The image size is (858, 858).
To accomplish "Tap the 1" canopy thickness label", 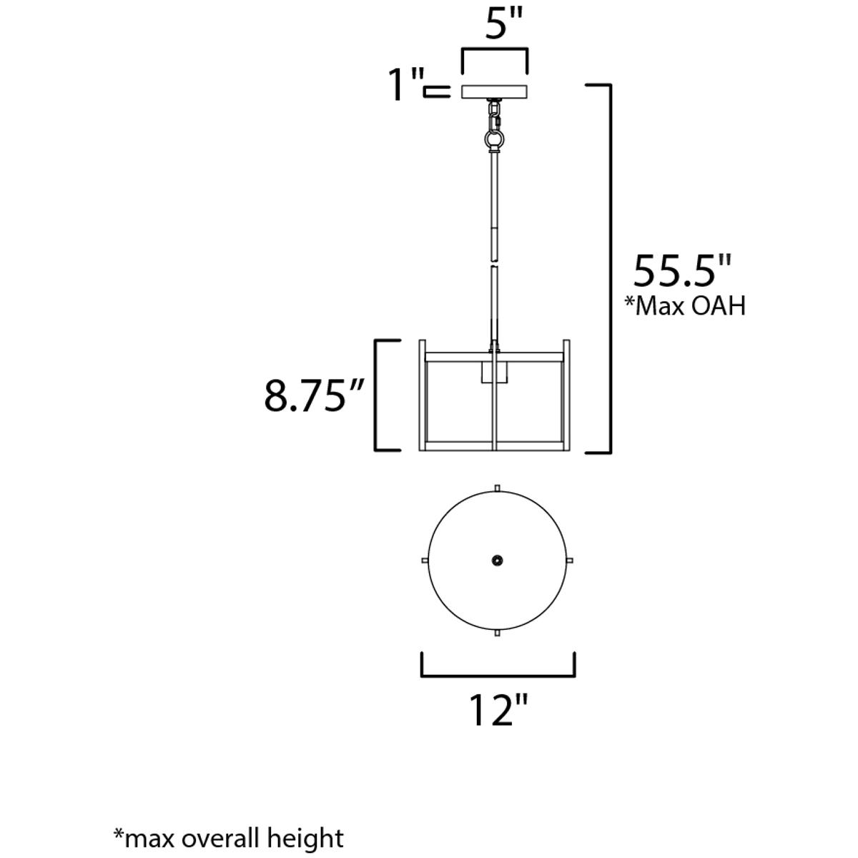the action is click(406, 84).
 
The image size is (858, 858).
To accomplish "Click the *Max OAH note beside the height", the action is click(685, 306).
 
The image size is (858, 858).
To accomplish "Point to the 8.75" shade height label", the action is click(315, 395).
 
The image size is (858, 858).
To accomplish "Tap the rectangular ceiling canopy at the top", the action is click(494, 92).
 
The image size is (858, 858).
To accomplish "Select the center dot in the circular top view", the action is click(498, 560).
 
